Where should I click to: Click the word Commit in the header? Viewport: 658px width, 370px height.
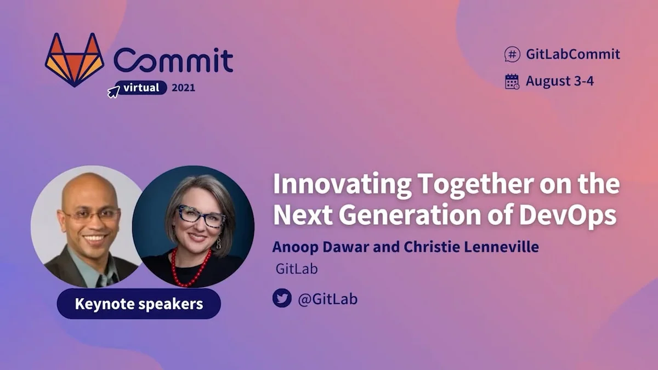coord(173,60)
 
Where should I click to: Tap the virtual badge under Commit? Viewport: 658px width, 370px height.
coord(141,87)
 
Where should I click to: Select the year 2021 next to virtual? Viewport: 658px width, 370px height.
coord(183,88)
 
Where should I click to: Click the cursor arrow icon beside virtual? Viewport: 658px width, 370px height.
coord(113,92)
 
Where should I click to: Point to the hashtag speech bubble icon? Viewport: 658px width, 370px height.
coord(512,54)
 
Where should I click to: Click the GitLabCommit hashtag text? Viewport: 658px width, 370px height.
coord(572,54)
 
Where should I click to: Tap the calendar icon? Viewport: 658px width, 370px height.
coord(512,81)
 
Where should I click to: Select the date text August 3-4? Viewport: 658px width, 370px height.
coord(560,81)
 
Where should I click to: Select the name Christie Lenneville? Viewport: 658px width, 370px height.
coord(471,247)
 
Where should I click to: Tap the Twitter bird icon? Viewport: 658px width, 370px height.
coord(282,298)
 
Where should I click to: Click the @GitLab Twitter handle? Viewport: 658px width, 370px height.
coord(327,299)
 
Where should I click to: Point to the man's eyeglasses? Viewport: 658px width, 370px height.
coord(90,214)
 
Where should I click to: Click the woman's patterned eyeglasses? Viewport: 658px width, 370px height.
coord(200,217)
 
